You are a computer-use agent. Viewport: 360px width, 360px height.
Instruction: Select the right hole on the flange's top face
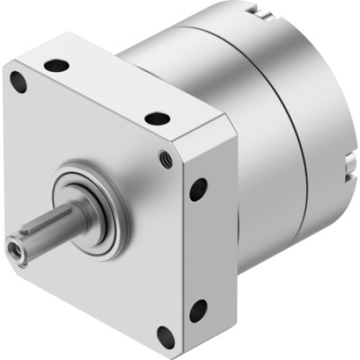pos(156,118)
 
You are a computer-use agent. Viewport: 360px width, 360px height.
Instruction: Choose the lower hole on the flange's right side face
pos(197,310)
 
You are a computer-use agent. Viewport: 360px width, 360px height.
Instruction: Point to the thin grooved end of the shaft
pos(22,245)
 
